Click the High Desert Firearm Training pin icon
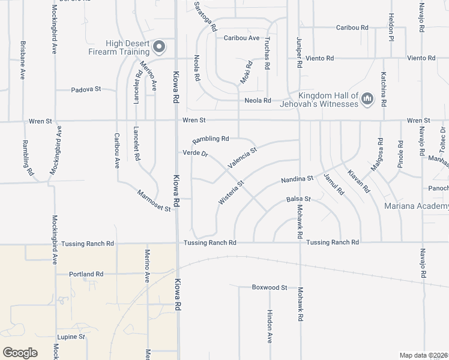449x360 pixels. [x=159, y=46]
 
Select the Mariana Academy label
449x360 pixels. [x=416, y=206]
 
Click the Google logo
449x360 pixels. [x=20, y=352]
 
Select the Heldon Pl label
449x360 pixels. [x=390, y=27]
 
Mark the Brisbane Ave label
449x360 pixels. [x=22, y=61]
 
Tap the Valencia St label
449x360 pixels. [x=242, y=157]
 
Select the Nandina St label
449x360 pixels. [x=297, y=179]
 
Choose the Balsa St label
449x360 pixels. [x=298, y=199]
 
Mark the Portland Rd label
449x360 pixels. [x=86, y=274]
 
